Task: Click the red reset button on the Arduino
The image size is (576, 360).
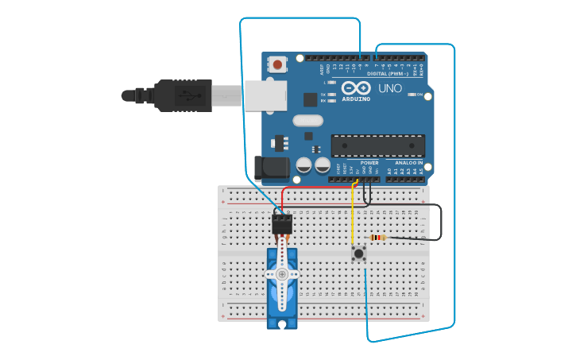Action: (277, 64)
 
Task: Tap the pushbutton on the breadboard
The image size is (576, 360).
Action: (358, 254)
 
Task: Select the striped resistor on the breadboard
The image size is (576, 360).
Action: (378, 237)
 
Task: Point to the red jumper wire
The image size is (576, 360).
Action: (318, 188)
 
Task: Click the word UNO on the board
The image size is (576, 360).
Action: (389, 87)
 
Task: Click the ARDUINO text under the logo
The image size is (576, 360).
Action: (356, 99)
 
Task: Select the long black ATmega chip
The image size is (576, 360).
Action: (377, 145)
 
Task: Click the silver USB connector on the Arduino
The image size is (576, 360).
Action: (265, 95)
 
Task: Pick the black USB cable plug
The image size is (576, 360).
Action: (183, 95)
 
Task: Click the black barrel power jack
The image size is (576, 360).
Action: (271, 167)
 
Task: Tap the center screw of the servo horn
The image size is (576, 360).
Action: (281, 273)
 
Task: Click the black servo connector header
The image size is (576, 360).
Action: (281, 223)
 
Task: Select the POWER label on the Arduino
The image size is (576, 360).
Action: (369, 162)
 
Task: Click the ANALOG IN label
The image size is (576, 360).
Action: (409, 162)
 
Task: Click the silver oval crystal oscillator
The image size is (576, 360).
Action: (308, 121)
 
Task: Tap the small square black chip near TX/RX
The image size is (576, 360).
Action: (310, 99)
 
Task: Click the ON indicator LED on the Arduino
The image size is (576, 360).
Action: (411, 95)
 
